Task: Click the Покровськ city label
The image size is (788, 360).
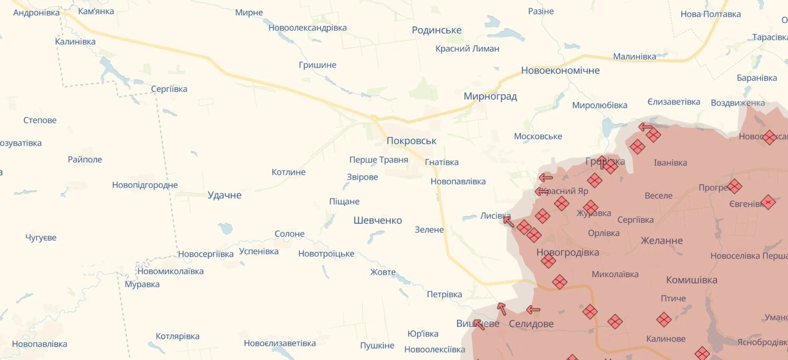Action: tap(411, 141)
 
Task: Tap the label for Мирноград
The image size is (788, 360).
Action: tap(490, 96)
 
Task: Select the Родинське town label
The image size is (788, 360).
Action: tap(436, 30)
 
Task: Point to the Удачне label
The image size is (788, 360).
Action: tap(224, 195)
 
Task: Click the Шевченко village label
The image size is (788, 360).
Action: tap(377, 220)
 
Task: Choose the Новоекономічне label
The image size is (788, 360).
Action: tap(560, 70)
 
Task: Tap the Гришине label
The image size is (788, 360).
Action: tap(317, 65)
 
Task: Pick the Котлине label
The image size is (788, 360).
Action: tap(288, 172)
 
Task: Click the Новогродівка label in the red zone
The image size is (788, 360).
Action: tap(567, 252)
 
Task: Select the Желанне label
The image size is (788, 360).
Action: tap(661, 240)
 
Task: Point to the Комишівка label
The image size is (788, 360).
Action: tap(691, 280)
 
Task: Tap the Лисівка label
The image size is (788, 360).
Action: tap(495, 215)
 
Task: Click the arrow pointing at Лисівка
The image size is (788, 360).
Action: tap(508, 221)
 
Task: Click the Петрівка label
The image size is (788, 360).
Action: tap(444, 294)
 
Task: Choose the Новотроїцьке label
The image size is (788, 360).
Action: tap(326, 253)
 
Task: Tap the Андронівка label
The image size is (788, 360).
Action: tap(36, 12)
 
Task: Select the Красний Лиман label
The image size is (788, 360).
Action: tap(467, 49)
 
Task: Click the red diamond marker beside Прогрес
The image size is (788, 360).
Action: tap(734, 186)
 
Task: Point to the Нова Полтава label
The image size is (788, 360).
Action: tap(710, 14)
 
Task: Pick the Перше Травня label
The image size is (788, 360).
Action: tap(378, 159)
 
